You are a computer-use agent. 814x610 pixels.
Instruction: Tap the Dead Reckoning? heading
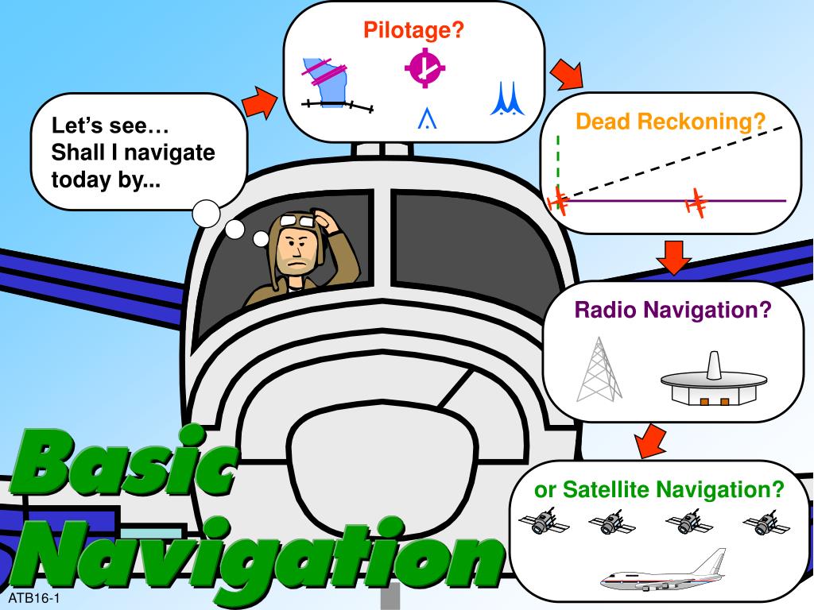671,122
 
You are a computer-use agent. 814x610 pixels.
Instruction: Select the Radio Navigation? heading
673,310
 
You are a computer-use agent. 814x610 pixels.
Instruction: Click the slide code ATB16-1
35,596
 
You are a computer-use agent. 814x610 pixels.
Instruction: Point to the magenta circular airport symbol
424,69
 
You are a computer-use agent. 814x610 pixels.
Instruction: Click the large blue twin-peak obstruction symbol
507,98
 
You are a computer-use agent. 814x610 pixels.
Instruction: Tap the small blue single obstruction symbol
428,118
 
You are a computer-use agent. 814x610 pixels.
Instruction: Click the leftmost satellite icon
544,523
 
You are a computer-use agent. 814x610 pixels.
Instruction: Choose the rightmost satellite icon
766,523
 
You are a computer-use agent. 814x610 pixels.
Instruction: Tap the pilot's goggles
300,221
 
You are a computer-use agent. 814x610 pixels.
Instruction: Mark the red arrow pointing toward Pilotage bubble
258,102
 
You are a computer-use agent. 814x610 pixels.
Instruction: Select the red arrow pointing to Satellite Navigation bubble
651,440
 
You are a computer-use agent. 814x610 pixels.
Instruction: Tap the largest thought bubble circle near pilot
207,212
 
